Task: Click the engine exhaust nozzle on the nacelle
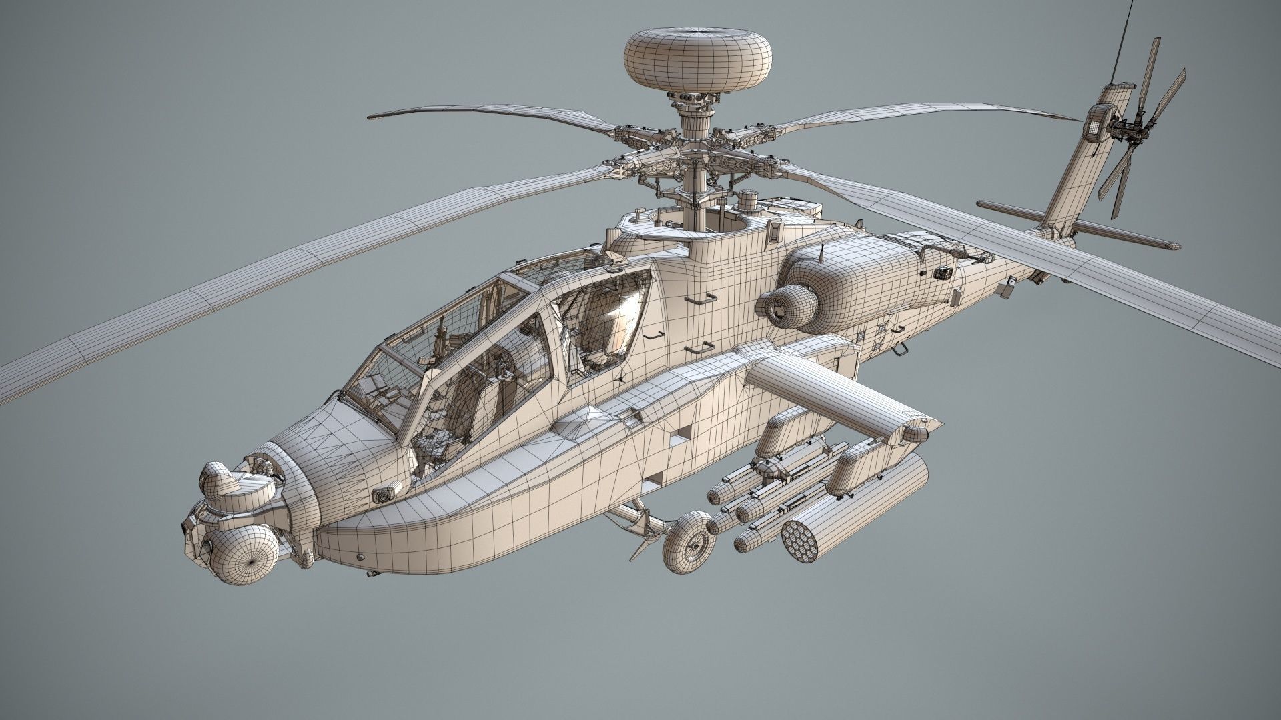click(781, 304)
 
